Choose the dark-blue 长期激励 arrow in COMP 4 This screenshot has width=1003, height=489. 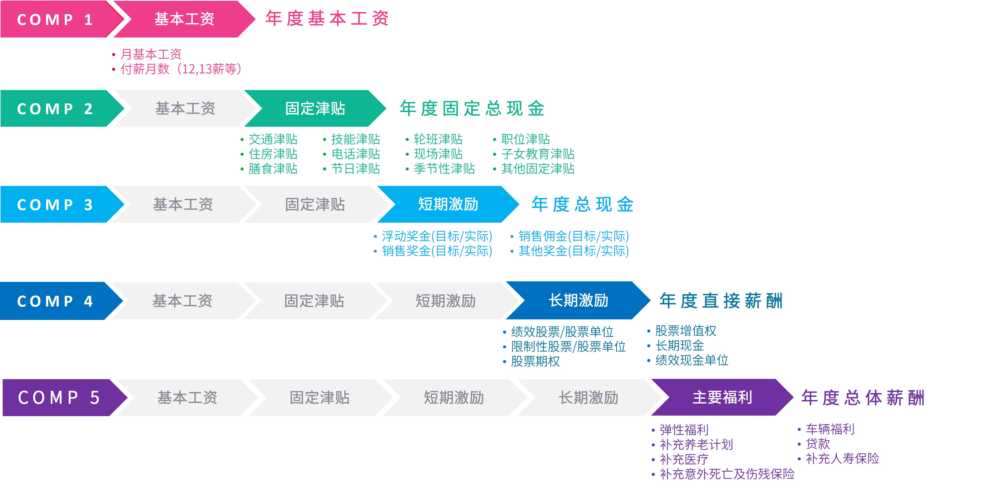coord(578,300)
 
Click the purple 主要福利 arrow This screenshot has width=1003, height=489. coord(723,397)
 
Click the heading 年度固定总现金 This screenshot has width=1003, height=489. coord(472,108)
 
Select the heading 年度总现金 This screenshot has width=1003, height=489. coord(583,204)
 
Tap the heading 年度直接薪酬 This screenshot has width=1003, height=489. coord(721,300)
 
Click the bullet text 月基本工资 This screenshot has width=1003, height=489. coord(151,54)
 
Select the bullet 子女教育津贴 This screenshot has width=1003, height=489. coord(538,154)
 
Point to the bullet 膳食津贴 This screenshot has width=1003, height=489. coord(273,169)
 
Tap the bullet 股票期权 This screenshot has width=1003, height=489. coord(535,361)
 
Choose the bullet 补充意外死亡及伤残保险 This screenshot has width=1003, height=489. coord(727,474)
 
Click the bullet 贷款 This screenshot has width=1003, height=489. coord(818,444)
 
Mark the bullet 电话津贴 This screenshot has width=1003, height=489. coord(355,154)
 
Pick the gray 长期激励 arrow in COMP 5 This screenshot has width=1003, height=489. coord(589,397)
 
